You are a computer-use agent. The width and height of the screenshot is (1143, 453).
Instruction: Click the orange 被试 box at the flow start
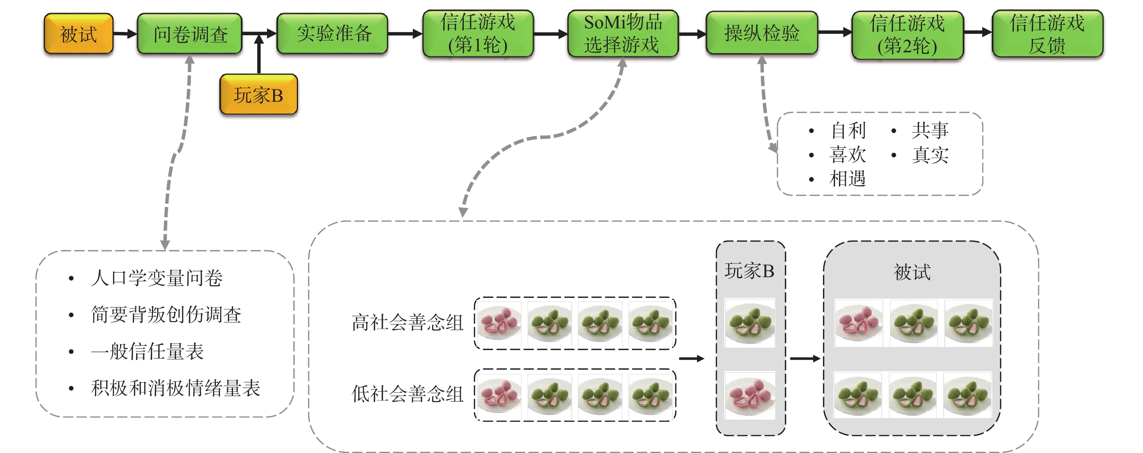(x=78, y=34)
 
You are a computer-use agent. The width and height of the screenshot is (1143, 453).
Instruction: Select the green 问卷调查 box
(x=190, y=34)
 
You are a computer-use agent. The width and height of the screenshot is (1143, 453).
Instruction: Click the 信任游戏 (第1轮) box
(x=478, y=34)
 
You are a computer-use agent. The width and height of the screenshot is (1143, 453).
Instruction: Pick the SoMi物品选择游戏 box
(x=623, y=34)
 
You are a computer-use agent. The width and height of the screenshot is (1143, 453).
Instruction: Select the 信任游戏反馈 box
(x=1047, y=34)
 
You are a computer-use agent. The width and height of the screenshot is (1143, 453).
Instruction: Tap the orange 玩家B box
(x=259, y=94)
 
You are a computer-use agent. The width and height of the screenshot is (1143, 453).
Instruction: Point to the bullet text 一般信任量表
(x=147, y=351)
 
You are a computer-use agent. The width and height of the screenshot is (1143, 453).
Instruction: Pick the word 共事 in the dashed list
(x=930, y=130)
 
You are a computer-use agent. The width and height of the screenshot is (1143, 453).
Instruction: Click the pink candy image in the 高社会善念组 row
(x=500, y=323)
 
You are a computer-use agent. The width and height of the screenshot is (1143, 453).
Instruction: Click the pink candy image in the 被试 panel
(x=858, y=323)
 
